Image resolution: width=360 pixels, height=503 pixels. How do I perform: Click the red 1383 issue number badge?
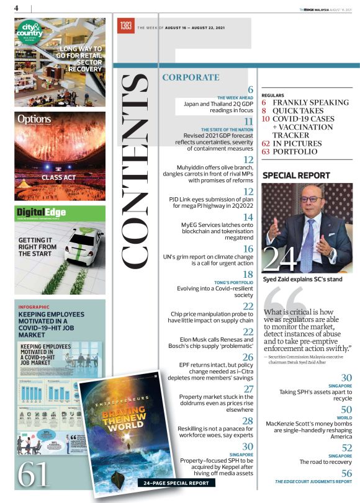(x=124, y=27)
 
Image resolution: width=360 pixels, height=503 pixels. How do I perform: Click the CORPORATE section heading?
(x=190, y=78)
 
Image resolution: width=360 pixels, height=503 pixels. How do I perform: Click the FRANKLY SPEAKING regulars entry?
(x=310, y=102)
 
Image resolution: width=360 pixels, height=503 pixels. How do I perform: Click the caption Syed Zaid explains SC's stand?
(x=299, y=278)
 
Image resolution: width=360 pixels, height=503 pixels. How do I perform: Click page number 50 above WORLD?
(x=346, y=410)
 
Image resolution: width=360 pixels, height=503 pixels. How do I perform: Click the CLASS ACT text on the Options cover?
(x=58, y=177)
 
